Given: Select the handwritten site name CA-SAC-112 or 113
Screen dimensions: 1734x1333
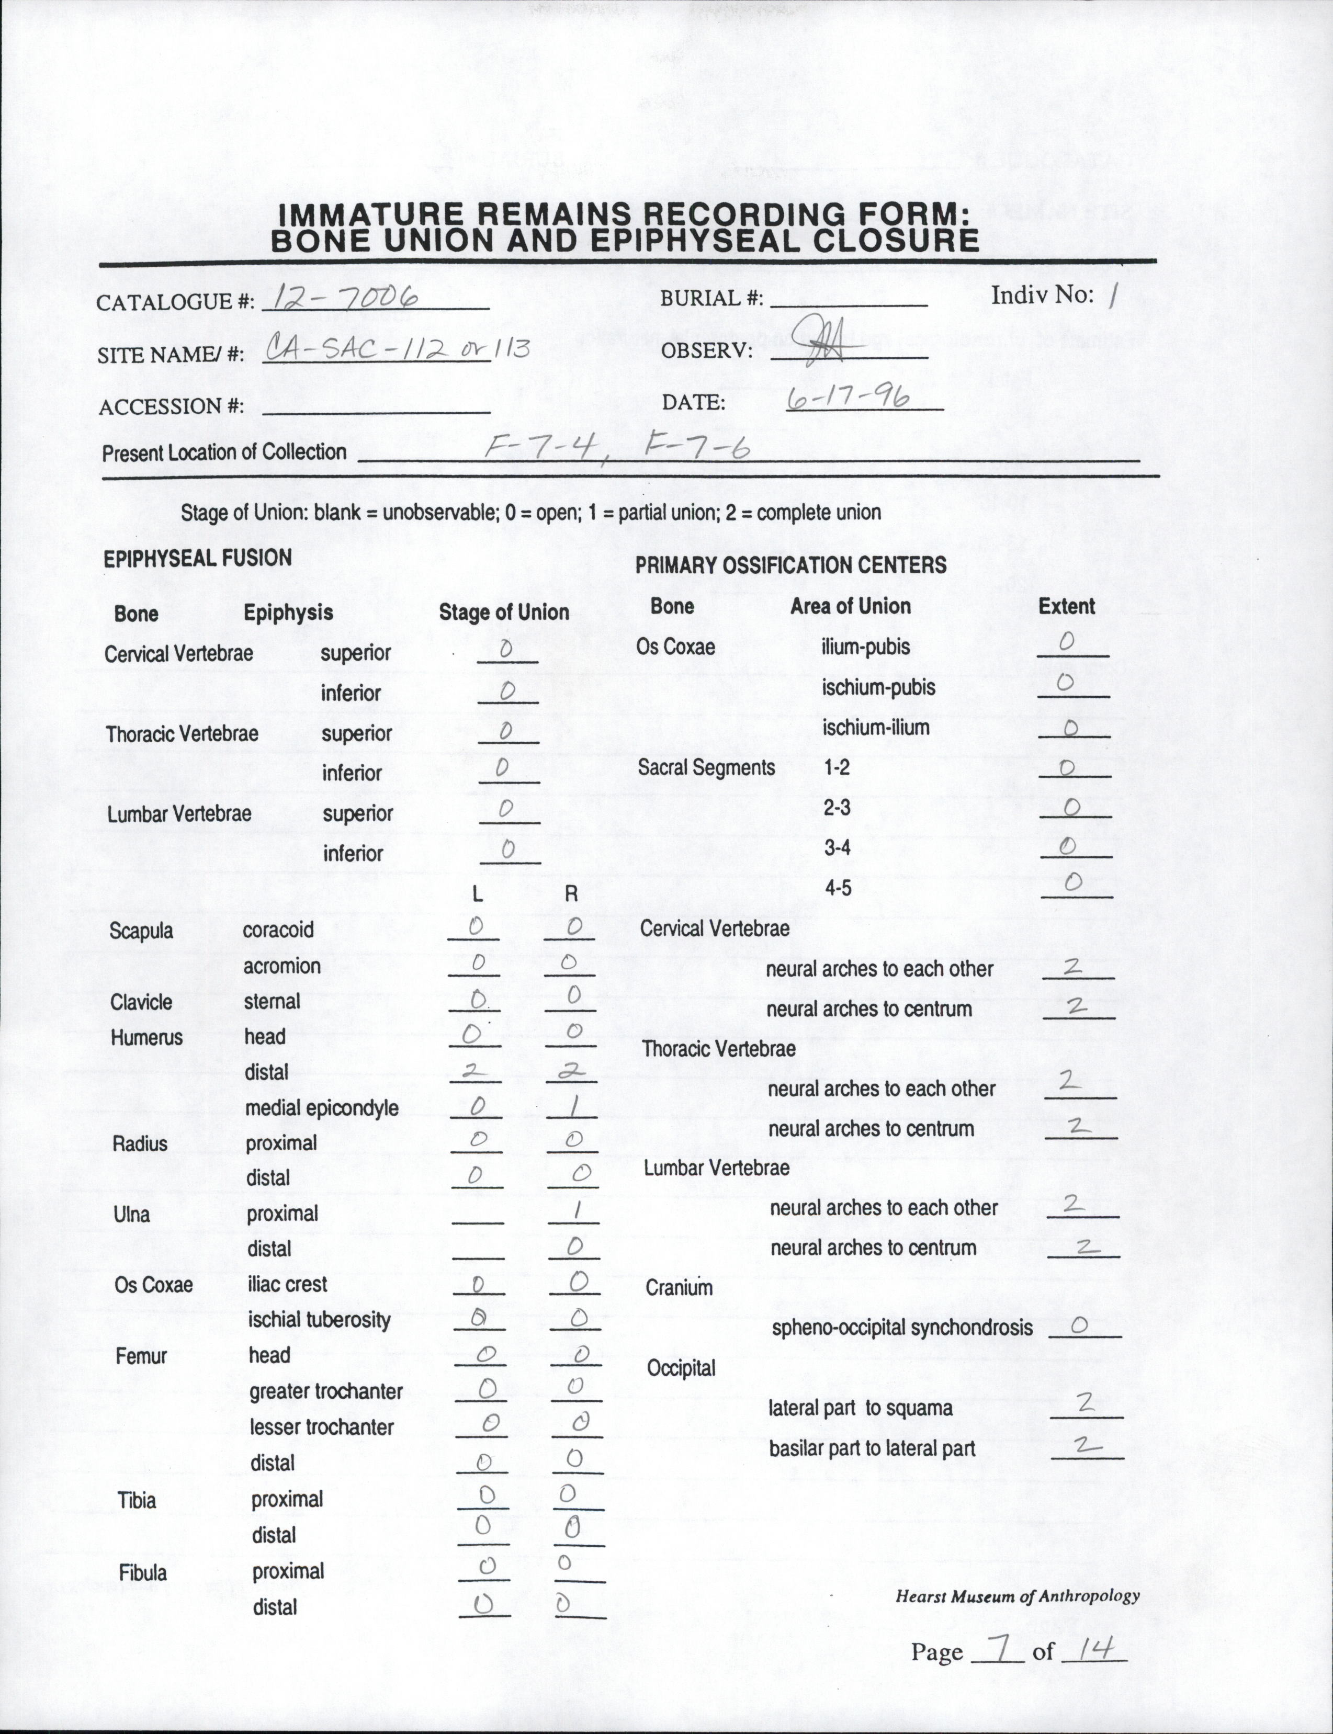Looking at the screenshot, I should (397, 348).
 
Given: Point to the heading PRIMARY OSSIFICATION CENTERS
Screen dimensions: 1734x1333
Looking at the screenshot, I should (790, 565).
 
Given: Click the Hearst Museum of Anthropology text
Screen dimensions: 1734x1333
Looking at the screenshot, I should (1017, 1596).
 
